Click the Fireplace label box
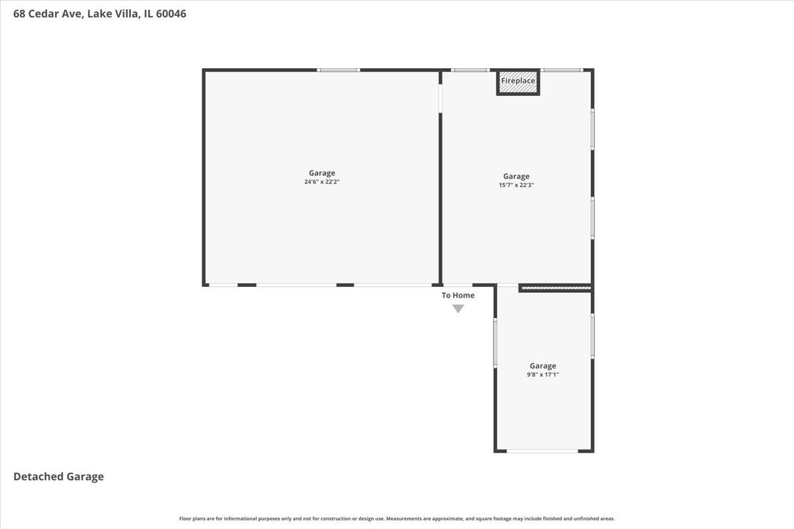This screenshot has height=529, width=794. (518, 81)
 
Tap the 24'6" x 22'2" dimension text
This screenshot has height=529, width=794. (322, 182)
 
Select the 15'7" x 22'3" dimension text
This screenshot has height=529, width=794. (516, 185)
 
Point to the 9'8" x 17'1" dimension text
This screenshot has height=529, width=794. (543, 374)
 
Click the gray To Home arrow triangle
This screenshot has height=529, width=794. (458, 308)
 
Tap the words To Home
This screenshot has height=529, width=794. (458, 296)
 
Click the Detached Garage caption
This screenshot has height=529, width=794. (58, 476)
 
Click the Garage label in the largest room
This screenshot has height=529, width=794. (322, 173)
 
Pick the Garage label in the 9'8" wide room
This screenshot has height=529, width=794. (543, 366)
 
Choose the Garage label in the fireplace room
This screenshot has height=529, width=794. (516, 176)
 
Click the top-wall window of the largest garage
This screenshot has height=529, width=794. (338, 70)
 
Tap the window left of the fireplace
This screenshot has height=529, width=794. (470, 70)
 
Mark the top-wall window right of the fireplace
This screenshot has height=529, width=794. (562, 70)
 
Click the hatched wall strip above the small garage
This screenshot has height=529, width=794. (555, 288)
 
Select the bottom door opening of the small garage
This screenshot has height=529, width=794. (543, 451)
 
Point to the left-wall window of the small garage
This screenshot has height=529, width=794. (495, 343)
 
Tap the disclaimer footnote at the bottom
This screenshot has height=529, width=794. (397, 518)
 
